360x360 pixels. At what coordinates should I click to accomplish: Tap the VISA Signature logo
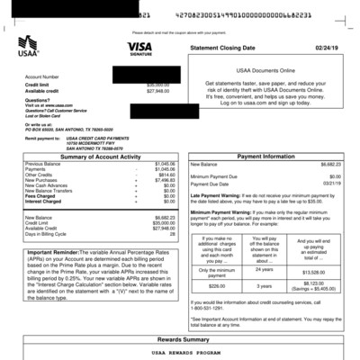[x=139, y=49]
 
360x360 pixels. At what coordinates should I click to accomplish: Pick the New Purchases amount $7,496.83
[x=163, y=180]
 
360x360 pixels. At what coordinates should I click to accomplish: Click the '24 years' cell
[x=265, y=269]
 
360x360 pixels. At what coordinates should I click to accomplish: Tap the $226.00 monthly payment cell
[x=216, y=286]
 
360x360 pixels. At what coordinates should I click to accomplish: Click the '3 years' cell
[x=265, y=286]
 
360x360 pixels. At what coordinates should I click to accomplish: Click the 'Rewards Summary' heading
[x=180, y=339]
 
